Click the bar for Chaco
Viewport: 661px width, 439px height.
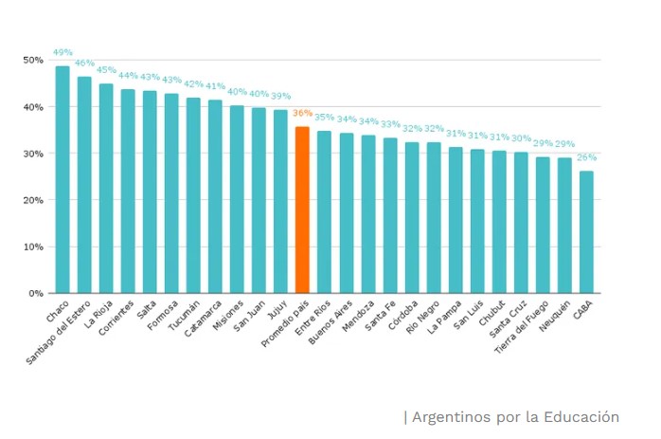click(63, 180)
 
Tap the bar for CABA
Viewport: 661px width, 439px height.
click(587, 232)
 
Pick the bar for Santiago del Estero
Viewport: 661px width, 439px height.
click(84, 186)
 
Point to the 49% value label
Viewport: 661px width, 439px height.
click(63, 53)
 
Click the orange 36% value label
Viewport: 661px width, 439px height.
click(302, 113)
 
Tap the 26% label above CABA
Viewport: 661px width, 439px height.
click(587, 157)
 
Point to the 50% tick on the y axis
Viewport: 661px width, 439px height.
click(33, 60)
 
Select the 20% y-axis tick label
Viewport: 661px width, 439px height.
click(33, 200)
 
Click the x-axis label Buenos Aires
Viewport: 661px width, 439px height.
click(333, 323)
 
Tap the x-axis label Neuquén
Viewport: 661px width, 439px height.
click(557, 317)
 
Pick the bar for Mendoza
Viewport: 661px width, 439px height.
click(368, 214)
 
